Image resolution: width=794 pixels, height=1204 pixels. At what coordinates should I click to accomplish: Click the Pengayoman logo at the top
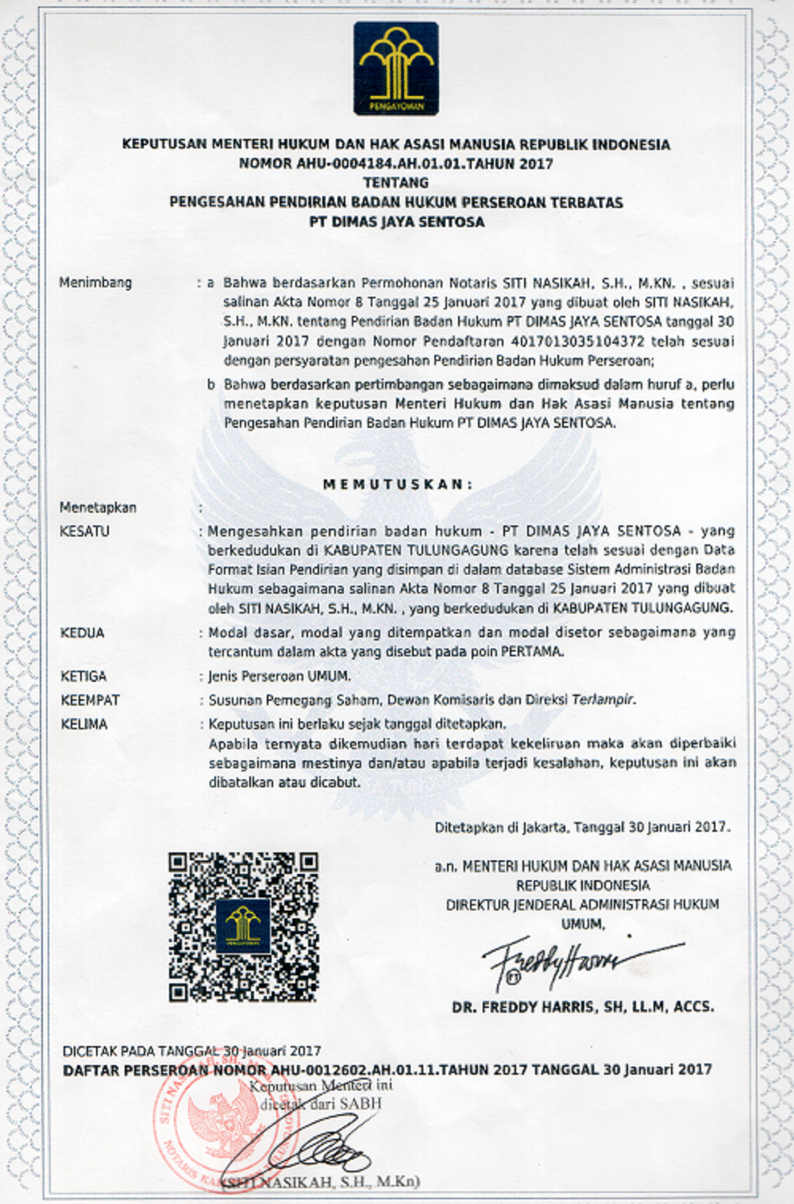pos(395,68)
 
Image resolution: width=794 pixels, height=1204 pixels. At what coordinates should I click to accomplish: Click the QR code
pos(243,926)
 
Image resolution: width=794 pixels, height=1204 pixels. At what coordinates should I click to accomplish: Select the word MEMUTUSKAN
pos(397,484)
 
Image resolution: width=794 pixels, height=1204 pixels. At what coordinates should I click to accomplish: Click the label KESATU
pos(84,531)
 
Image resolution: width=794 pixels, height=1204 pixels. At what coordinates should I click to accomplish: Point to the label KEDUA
pos(83,633)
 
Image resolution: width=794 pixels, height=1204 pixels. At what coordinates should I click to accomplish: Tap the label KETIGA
pos(83,676)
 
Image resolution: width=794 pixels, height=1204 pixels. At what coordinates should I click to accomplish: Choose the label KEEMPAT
pos(90,700)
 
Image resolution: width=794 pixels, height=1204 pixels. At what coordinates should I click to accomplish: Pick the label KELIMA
pos(84,724)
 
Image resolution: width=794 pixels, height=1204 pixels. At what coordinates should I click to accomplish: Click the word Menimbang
pos(95,283)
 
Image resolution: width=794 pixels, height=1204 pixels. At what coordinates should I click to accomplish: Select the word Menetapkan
pos(98,507)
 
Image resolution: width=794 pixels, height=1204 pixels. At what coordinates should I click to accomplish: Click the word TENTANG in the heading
pos(395,183)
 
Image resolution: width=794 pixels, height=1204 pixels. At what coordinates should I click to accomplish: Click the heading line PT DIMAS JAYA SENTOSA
pos(396,221)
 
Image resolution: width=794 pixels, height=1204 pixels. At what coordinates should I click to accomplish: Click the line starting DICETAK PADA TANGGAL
pos(191,1051)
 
